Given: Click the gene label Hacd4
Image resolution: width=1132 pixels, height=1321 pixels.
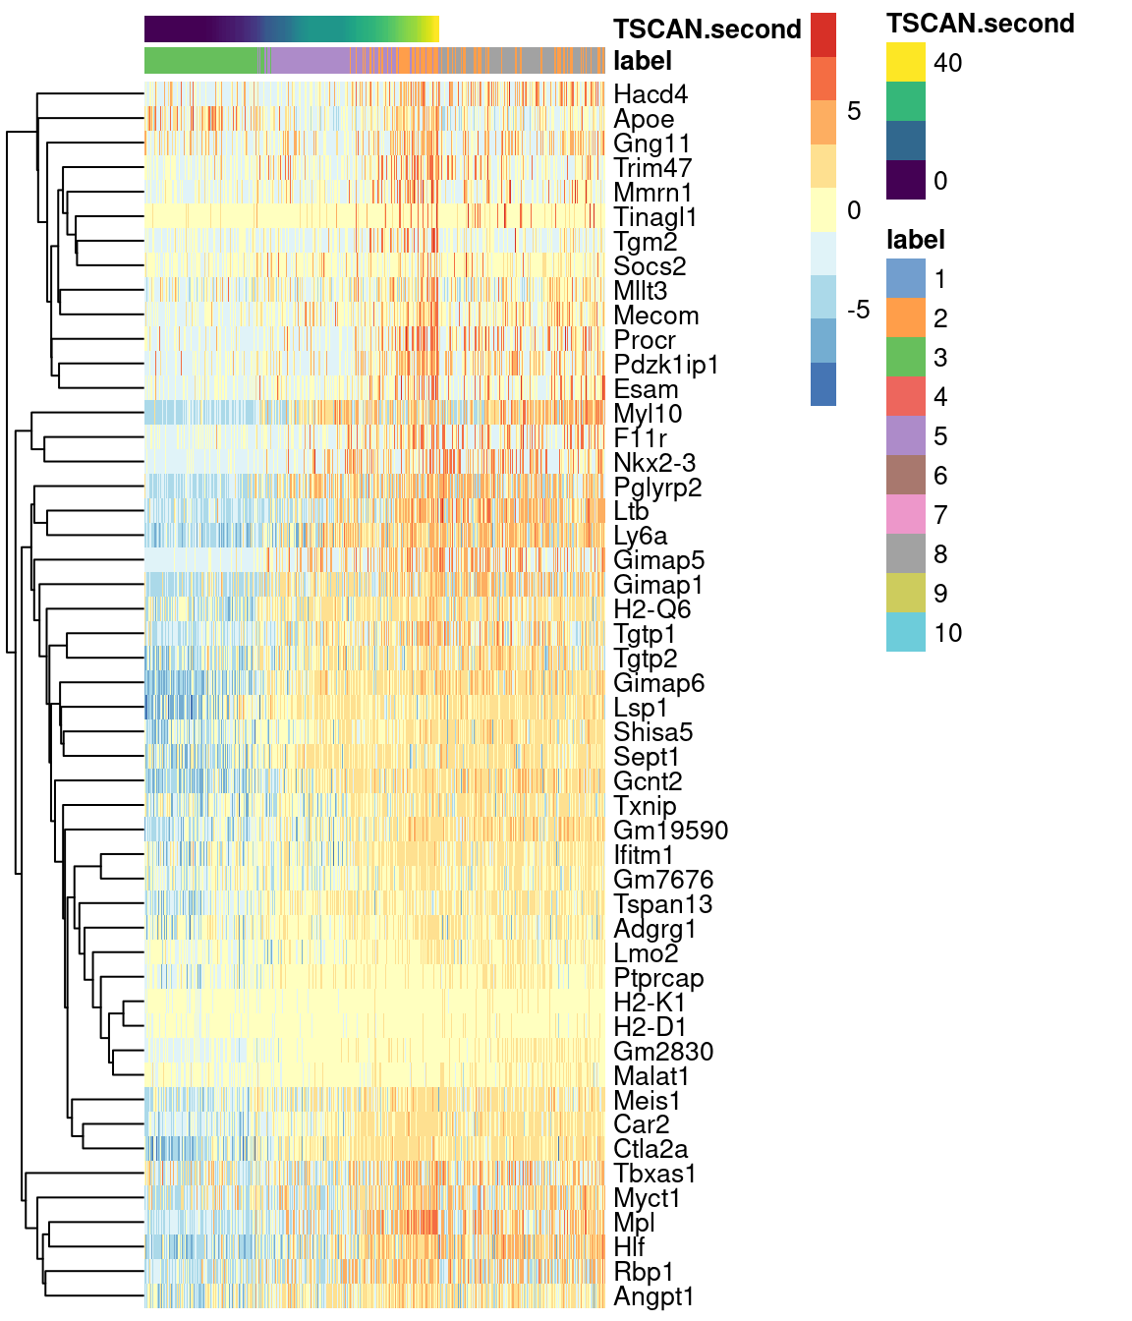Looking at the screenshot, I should coord(651,94).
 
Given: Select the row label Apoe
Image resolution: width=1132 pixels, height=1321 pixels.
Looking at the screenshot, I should coord(644,119).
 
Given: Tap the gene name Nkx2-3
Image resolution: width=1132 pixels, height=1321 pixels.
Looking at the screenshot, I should coord(655,463).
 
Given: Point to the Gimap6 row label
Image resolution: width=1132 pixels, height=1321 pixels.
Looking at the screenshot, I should coord(658,683).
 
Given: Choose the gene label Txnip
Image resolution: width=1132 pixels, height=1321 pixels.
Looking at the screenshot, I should coord(645,806).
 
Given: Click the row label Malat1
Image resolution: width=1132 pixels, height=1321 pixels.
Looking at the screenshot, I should coord(651,1076).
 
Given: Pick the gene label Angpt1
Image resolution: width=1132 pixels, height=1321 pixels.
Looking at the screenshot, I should coord(653,1296).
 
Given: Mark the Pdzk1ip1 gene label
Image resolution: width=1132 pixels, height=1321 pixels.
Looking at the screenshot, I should coord(666,365).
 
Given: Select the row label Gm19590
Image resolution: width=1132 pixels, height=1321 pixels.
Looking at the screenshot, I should coord(670,831).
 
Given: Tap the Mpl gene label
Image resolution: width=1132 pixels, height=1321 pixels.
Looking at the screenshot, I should coord(634,1223).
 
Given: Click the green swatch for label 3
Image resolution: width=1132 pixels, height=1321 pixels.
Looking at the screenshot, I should coord(905,358).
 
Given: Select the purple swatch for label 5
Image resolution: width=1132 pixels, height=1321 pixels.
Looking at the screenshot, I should coord(905,436).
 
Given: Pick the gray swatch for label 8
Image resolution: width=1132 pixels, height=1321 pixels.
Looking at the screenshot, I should coord(905,554).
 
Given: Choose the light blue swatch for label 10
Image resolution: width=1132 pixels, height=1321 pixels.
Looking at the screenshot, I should coord(905,633).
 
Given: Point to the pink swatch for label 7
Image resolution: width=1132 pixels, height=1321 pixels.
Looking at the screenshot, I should coord(905,515).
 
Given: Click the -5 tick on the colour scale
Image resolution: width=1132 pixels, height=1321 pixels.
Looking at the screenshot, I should coord(858,311).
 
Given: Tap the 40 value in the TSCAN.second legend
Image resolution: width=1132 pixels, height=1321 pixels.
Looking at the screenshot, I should coord(948,63).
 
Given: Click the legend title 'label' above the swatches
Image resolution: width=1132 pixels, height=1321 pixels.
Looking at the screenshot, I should coord(915,240).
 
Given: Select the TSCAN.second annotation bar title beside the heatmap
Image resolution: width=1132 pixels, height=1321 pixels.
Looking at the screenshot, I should coord(707,29).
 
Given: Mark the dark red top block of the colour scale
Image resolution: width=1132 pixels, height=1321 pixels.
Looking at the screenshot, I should coord(823,34).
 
